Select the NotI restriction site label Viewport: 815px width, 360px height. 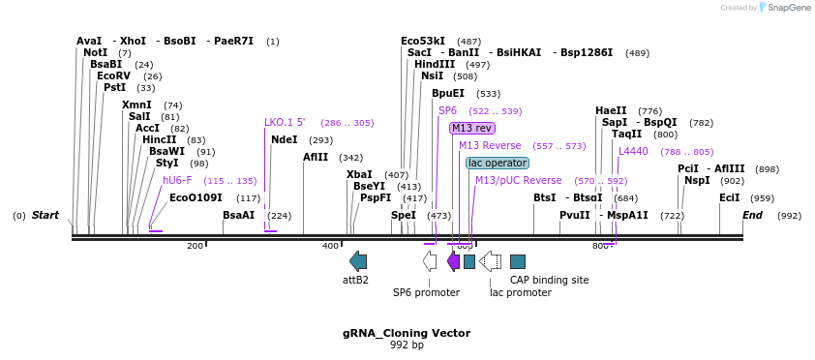tap(95, 52)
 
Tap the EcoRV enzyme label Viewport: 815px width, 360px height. tap(113, 75)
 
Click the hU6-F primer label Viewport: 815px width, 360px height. tap(177, 180)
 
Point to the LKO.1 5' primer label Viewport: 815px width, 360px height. tap(285, 123)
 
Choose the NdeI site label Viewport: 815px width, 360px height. tap(285, 139)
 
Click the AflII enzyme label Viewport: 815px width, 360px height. tap(316, 157)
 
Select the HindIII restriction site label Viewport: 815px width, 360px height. tap(435, 64)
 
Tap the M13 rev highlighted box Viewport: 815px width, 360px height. tap(472, 128)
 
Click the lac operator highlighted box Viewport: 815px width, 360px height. tap(498, 163)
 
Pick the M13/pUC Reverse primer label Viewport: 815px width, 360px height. tap(518, 180)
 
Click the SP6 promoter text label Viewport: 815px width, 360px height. tap(426, 292)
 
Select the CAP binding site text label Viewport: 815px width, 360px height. tap(549, 280)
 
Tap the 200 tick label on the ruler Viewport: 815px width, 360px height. tap(195, 246)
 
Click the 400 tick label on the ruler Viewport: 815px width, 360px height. tap(330, 246)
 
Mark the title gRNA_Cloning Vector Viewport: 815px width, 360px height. tap(407, 333)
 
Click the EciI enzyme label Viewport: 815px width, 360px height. tap(729, 197)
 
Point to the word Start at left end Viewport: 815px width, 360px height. tap(45, 215)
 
